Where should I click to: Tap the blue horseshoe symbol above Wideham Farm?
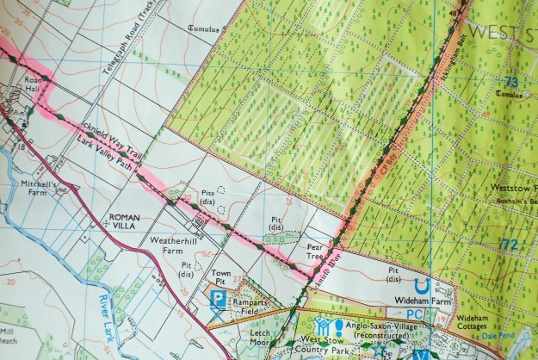pyautogui.click(x=420, y=285)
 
